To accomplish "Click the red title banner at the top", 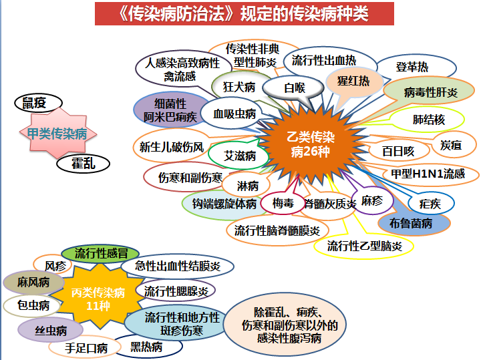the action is (241, 13).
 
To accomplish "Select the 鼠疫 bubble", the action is (38, 102).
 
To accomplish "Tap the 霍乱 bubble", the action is (85, 163).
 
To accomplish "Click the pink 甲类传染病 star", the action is (57, 134).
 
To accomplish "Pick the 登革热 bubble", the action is (412, 67).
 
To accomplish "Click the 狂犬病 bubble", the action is (239, 87).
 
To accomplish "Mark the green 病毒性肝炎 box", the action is (431, 92).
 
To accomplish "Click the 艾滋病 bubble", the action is (239, 156).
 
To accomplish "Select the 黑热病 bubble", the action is (146, 347).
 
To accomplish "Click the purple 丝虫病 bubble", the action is (51, 330).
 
